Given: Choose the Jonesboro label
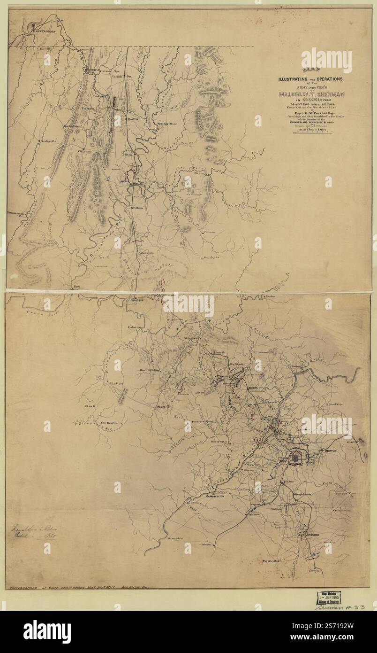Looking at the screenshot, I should (x=303, y=535).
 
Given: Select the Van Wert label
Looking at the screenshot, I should (x=116, y=383).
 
